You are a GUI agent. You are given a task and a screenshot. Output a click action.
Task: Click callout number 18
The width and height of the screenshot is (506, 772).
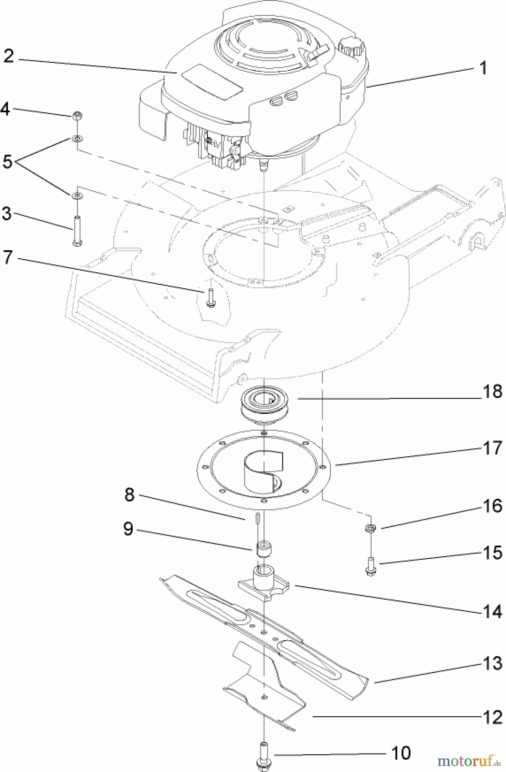click(x=492, y=391)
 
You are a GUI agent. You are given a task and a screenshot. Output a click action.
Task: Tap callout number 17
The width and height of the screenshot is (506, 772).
click(x=492, y=448)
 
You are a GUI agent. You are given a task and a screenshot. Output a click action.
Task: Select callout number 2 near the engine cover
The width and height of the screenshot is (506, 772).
click(x=9, y=56)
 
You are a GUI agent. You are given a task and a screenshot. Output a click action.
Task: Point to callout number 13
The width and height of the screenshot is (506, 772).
click(x=492, y=663)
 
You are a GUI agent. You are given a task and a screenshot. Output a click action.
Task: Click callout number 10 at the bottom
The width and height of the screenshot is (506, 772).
click(x=401, y=753)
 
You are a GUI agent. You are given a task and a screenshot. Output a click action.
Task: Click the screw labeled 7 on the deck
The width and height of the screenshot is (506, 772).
click(x=210, y=298)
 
